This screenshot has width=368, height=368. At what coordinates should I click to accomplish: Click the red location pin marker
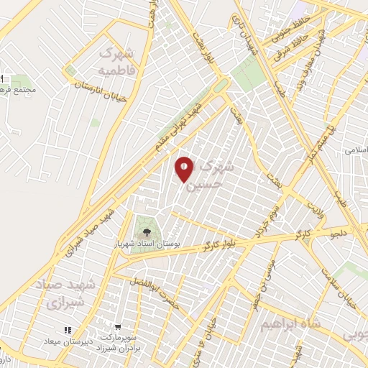click(x=185, y=168)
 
